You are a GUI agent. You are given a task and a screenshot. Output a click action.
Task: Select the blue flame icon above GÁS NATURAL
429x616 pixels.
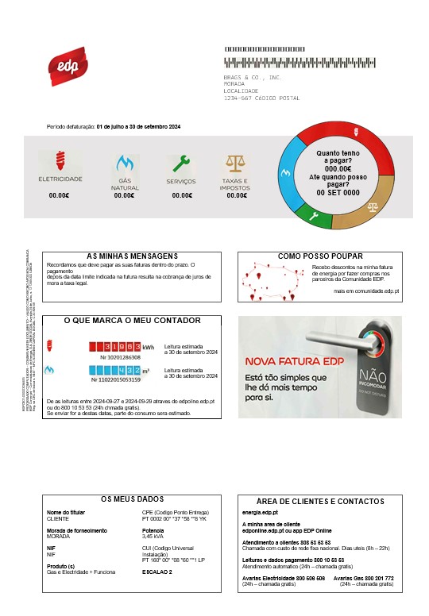pos(124,164)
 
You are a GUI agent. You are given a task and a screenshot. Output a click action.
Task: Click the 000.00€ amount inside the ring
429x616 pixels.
pos(338,168)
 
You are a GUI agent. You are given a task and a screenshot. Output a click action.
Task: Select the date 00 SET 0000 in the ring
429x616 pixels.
pos(338,193)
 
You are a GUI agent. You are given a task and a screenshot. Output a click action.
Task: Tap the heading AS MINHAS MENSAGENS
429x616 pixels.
pos(132,256)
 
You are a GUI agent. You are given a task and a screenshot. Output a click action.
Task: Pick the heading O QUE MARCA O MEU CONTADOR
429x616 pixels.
pos(132,321)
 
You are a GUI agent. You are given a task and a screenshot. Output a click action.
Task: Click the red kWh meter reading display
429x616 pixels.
pos(113,347)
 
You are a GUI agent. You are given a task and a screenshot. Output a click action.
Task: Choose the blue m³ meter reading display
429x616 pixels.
pos(113,370)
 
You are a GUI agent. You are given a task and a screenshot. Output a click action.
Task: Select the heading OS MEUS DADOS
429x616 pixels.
pos(132,499)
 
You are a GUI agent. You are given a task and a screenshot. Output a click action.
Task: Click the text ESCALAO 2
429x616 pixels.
pos(157,572)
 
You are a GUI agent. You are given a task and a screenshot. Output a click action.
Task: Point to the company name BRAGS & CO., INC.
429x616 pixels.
pos(253,78)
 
